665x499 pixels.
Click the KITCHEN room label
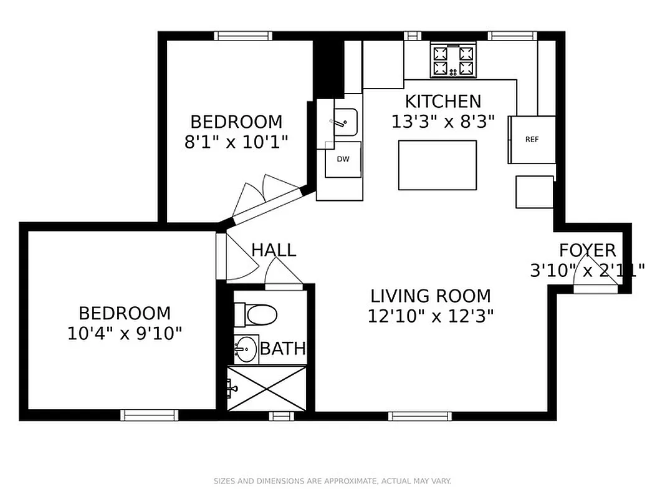pos(443,101)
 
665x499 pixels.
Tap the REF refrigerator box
pos(532,139)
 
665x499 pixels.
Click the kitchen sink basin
pos(344,122)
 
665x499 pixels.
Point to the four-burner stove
pos(453,61)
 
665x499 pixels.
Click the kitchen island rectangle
pos(438,165)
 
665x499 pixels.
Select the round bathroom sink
pos(246,349)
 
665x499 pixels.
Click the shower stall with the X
pos(267,388)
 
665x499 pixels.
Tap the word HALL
pos(274,250)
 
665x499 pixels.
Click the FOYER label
pos(587,251)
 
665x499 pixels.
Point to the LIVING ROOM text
pos(431,296)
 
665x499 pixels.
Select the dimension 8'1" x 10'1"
pos(236,142)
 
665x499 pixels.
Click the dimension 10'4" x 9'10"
pos(125,333)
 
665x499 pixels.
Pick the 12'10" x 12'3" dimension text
pos(431,316)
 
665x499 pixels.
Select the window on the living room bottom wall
pos(420,415)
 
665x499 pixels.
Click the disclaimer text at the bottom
pos(332,481)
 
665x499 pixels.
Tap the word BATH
pos(283,349)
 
